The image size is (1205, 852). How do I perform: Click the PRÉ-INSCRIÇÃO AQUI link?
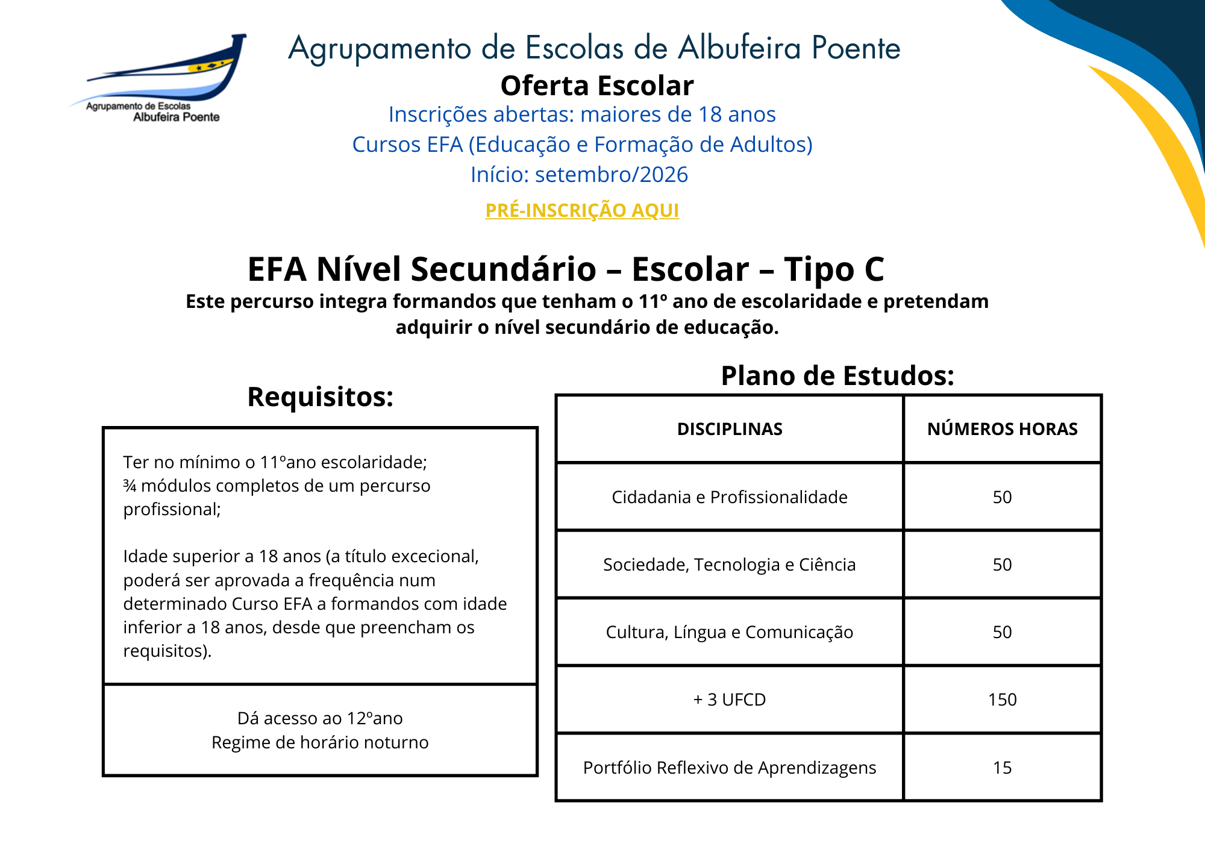point(582,210)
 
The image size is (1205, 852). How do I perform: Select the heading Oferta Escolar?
point(596,86)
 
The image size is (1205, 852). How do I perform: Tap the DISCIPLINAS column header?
point(730,429)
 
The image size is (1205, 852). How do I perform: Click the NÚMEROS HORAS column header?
point(1002,429)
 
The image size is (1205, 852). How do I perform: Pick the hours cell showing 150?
point(1002,700)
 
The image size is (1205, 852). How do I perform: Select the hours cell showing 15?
point(1002,768)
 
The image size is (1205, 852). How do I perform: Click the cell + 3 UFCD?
point(730,700)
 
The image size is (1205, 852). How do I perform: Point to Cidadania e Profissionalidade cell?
point(730,497)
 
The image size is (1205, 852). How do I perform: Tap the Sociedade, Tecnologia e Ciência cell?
point(730,565)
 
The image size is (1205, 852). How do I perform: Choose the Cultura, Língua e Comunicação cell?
point(730,632)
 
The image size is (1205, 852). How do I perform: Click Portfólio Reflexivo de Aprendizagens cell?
point(730,768)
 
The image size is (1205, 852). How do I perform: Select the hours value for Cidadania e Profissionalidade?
point(1002,497)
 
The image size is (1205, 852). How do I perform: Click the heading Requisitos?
point(320,397)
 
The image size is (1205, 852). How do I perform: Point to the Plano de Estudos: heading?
point(837,376)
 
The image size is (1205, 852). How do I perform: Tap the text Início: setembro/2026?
point(579,175)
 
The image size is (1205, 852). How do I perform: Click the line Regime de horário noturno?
point(320,742)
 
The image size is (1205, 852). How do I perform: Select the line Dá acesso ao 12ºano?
point(320,718)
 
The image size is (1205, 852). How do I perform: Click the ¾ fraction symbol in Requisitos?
point(130,486)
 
